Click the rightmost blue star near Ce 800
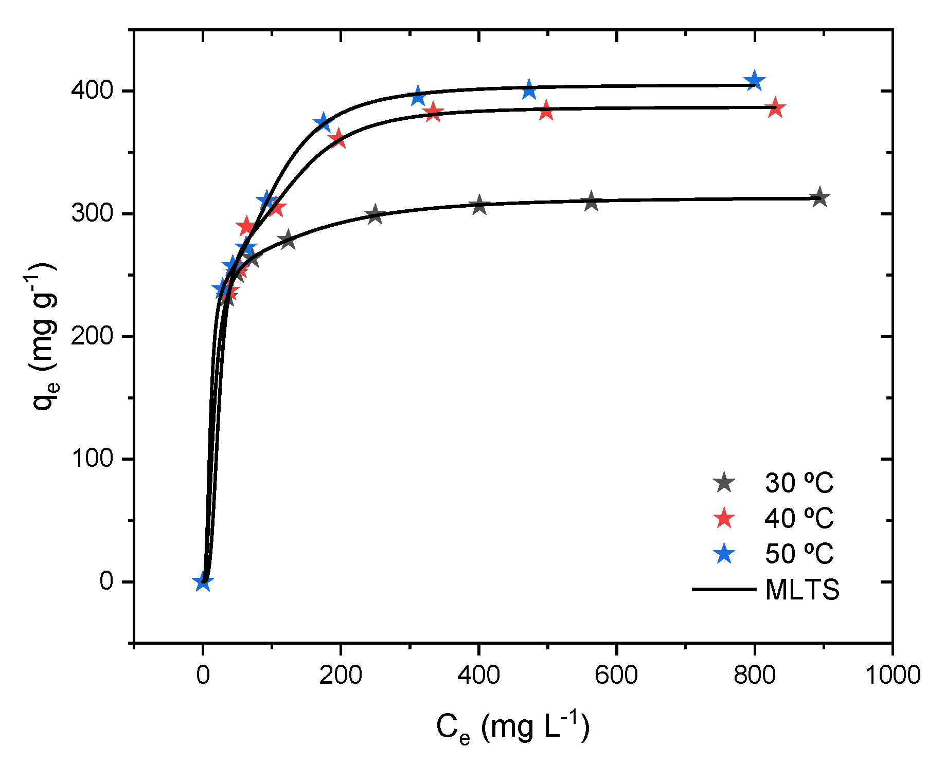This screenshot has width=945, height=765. [754, 81]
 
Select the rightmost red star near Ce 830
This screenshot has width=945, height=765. [775, 109]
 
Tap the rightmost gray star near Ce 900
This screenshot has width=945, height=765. [820, 197]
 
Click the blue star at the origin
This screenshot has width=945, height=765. [203, 582]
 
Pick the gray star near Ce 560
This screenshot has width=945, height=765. [591, 202]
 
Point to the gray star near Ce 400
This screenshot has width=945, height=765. [479, 205]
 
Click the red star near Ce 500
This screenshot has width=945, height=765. [546, 111]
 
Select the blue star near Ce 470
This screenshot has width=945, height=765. [529, 90]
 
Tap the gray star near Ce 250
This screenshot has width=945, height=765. [375, 214]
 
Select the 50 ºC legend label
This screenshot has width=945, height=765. [798, 554]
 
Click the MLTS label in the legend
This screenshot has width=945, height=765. [802, 589]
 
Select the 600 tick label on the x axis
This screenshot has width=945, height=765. [616, 675]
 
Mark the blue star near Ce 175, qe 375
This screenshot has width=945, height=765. [323, 122]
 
